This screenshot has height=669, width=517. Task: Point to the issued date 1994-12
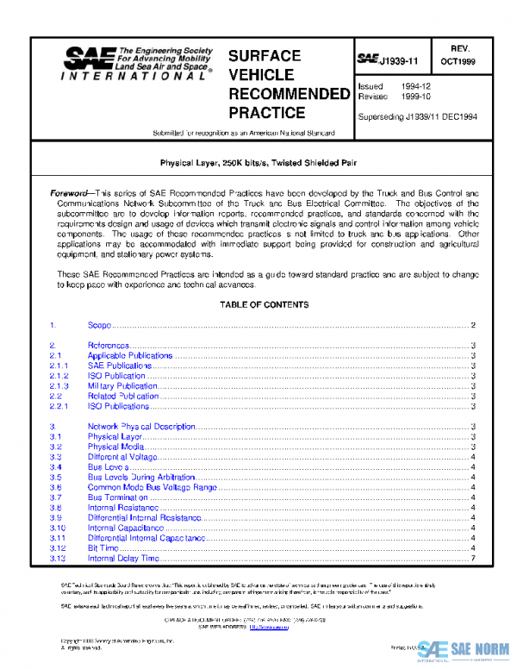click(416, 87)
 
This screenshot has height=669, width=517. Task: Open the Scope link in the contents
click(99, 325)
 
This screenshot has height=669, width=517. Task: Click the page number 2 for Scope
click(473, 325)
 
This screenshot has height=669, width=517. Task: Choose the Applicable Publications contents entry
click(129, 355)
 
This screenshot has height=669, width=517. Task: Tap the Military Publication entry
click(122, 386)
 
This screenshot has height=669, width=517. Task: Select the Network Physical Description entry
click(141, 427)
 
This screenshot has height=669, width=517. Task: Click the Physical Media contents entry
click(115, 447)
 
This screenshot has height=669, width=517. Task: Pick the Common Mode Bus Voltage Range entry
click(152, 487)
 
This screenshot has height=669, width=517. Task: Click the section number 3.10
click(58, 528)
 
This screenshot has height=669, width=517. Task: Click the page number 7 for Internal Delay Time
click(473, 559)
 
